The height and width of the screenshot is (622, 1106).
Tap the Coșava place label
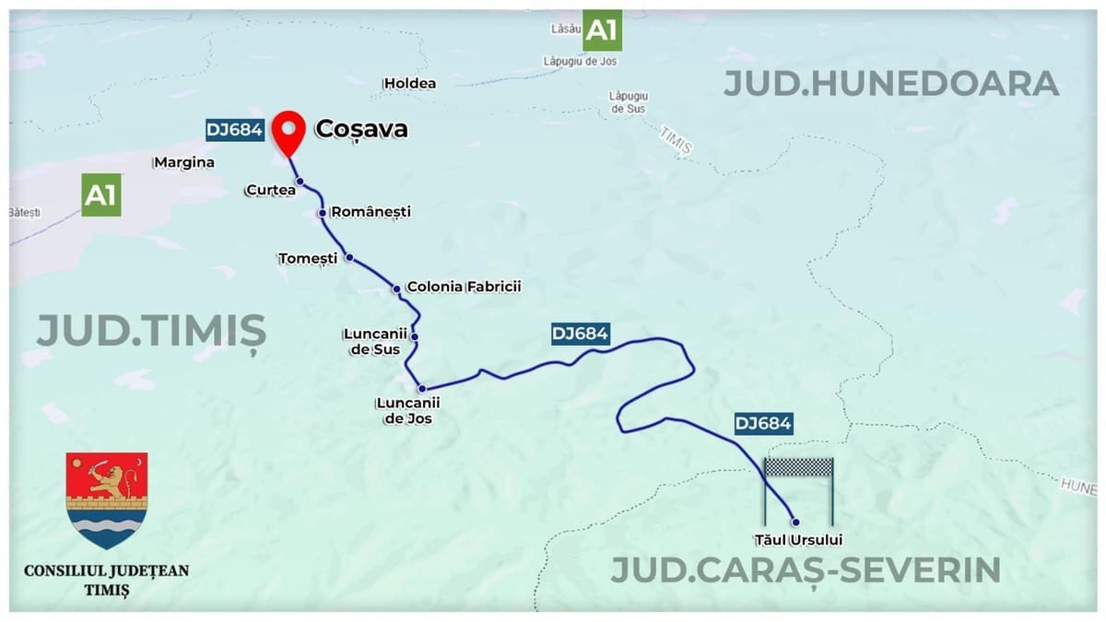click(361, 129)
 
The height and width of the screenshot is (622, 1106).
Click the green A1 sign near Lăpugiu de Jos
click(601, 30)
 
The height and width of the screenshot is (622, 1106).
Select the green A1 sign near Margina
click(101, 194)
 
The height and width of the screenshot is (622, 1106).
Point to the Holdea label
click(410, 83)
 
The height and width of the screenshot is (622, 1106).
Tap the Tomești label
click(308, 258)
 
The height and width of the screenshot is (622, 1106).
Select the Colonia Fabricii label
click(464, 287)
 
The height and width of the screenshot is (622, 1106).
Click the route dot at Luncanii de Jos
click(421, 388)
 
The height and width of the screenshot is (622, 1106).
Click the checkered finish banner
click(799, 467)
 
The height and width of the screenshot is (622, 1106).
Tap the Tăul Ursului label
click(797, 540)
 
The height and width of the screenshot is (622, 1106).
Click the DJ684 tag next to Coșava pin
click(236, 130)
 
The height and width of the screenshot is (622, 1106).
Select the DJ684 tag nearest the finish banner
click(763, 424)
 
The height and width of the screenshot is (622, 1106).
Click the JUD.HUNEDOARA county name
click(889, 84)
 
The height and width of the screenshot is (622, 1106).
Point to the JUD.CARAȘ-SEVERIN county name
click(806, 569)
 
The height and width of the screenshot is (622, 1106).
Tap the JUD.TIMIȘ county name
click(151, 331)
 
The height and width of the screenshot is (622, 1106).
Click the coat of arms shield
click(107, 499)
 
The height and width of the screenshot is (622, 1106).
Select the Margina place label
click(184, 162)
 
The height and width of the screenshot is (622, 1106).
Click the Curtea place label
click(270, 190)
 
